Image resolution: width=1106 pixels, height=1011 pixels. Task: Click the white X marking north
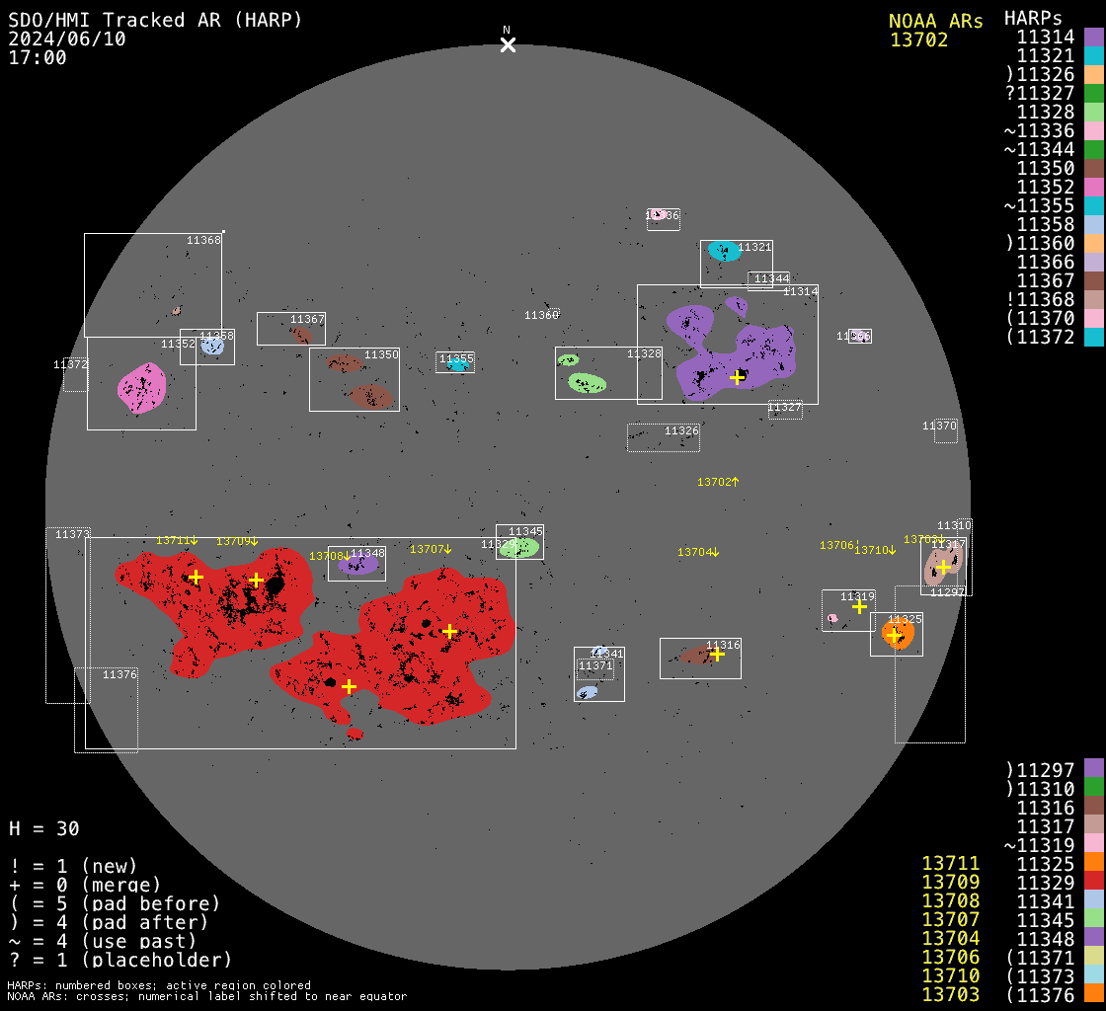tap(508, 44)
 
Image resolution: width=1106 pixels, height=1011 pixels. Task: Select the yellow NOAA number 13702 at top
tap(918, 40)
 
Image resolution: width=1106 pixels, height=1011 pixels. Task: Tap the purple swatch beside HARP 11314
tap(1093, 38)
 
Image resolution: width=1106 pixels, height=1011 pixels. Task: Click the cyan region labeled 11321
tap(724, 251)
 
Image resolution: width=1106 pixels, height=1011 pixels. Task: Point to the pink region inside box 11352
tap(141, 387)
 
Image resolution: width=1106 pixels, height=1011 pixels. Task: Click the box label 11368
tap(204, 240)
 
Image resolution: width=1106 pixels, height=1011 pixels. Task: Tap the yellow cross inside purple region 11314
tap(737, 377)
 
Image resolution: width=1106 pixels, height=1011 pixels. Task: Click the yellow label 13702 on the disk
tap(714, 482)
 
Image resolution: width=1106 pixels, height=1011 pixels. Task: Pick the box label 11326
tap(681, 431)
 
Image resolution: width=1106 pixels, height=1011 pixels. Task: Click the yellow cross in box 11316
tap(717, 654)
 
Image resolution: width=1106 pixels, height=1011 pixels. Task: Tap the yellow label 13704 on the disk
tap(694, 553)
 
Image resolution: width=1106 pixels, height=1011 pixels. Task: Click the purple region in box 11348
tap(358, 566)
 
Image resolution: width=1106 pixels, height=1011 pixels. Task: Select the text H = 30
tap(44, 828)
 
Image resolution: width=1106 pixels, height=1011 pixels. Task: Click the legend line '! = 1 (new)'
tap(73, 866)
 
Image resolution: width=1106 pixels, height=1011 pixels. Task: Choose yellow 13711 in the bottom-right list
tap(950, 865)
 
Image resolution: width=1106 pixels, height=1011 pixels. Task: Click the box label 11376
tap(119, 674)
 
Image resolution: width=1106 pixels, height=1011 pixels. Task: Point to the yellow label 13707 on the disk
tap(428, 549)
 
